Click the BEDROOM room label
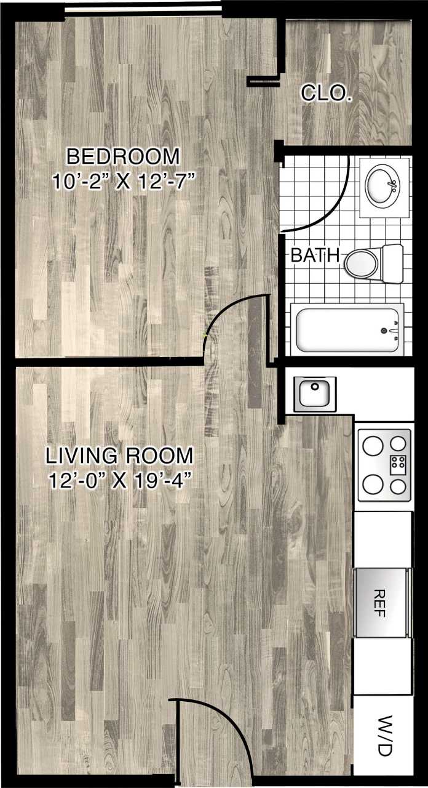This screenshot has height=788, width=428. pyautogui.click(x=123, y=156)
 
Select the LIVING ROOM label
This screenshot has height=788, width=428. pyautogui.click(x=119, y=456)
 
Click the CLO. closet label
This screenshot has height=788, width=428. pyautogui.click(x=326, y=94)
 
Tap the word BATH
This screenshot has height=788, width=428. pyautogui.click(x=315, y=255)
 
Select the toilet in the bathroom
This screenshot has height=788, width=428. pyautogui.click(x=372, y=261)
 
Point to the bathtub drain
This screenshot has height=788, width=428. pyautogui.click(x=384, y=331)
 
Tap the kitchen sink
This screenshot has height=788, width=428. pyautogui.click(x=315, y=393)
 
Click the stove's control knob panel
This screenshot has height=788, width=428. pyautogui.click(x=398, y=464)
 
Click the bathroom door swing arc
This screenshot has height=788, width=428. pyautogui.click(x=333, y=206)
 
